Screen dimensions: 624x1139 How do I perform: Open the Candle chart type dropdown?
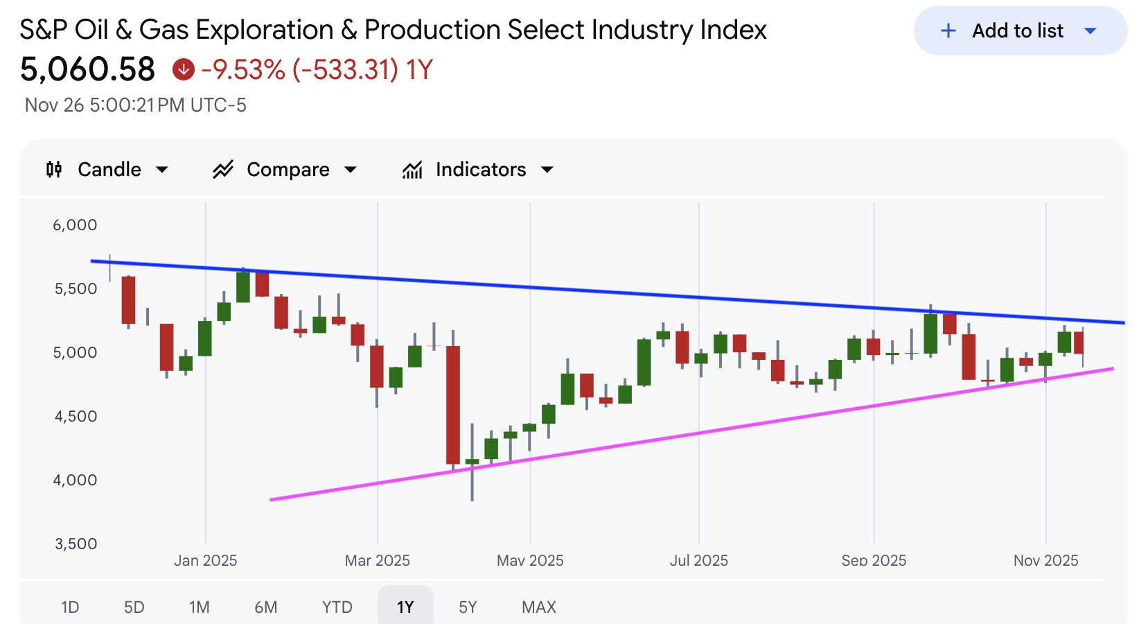107,170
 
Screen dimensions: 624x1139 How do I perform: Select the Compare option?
285,170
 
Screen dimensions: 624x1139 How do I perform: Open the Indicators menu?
478,170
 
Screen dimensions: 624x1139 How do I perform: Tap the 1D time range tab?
70,607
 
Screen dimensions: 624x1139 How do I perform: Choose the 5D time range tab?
134,607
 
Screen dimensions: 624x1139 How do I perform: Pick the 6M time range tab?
265,607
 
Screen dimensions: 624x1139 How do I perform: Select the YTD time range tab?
337,607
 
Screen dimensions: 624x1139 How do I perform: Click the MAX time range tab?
538,607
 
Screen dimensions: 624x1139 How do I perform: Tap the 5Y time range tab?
468,607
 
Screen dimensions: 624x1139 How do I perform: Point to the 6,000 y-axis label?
75,225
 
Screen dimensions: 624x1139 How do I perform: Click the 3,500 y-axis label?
76,544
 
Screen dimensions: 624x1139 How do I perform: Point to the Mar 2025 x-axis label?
377,560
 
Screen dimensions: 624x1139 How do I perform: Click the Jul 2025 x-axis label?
698,560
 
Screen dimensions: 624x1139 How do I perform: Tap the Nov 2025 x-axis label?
1045,560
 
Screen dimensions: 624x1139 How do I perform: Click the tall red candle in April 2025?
453,405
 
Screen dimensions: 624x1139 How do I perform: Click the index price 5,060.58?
87,69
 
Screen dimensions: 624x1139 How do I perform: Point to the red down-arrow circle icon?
184,69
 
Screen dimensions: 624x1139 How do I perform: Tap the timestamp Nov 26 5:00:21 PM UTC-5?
136,105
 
